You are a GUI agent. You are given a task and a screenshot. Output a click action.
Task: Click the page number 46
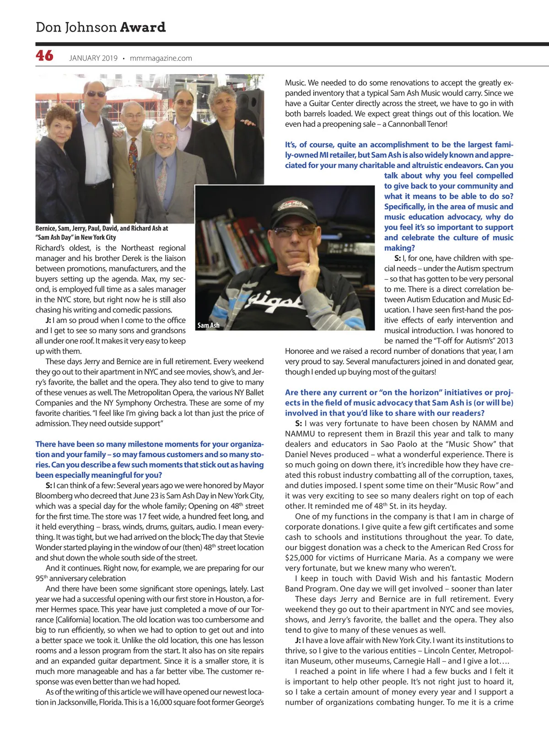coord(44,56)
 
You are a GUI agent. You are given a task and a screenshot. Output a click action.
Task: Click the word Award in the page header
coord(143,27)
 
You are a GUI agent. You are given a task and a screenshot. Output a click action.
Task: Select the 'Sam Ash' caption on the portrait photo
coord(208,325)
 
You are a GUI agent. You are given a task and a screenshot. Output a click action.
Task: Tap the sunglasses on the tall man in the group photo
coord(96,94)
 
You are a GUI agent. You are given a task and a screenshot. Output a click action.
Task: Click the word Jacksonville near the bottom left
coord(76,702)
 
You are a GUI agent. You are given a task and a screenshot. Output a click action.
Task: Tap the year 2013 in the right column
coord(504,340)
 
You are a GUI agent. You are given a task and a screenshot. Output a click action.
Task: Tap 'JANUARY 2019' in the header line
coord(93,58)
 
